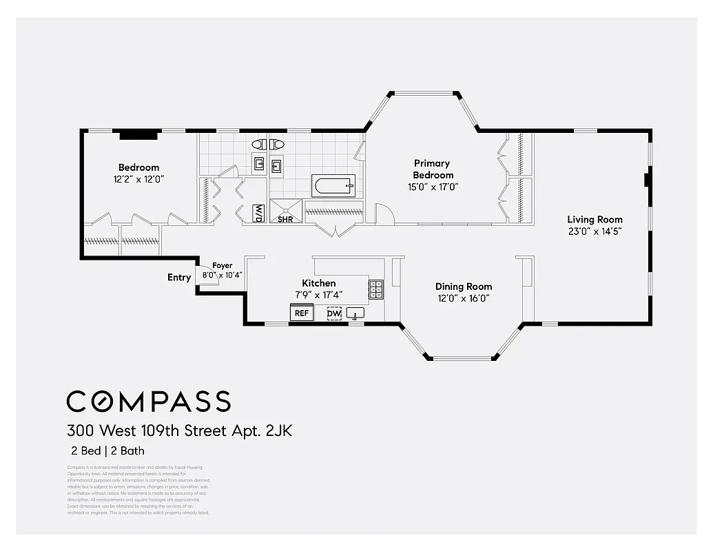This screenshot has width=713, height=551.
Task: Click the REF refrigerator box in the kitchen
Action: (x=302, y=313)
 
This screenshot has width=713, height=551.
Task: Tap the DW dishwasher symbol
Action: (x=334, y=314)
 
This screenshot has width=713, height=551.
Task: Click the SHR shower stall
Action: (x=285, y=211)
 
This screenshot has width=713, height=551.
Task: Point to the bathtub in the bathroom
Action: (x=333, y=186)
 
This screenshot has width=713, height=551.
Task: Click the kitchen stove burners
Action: (x=376, y=289)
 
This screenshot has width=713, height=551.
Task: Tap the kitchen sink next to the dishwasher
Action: (x=355, y=314)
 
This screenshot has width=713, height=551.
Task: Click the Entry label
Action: (x=179, y=278)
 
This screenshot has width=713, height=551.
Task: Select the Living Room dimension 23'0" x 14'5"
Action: (x=595, y=232)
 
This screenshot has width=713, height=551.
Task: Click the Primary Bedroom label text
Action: (x=433, y=169)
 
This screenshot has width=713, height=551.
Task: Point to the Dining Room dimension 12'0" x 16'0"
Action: (x=464, y=298)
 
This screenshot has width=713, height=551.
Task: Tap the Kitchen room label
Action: (x=319, y=283)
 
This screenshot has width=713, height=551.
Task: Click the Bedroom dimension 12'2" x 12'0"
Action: (x=139, y=179)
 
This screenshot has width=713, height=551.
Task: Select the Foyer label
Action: (x=222, y=266)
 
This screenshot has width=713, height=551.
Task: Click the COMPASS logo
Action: (x=148, y=401)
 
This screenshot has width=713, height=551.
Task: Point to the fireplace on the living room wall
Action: (x=647, y=180)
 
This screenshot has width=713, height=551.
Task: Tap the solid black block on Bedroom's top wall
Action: (x=138, y=135)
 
